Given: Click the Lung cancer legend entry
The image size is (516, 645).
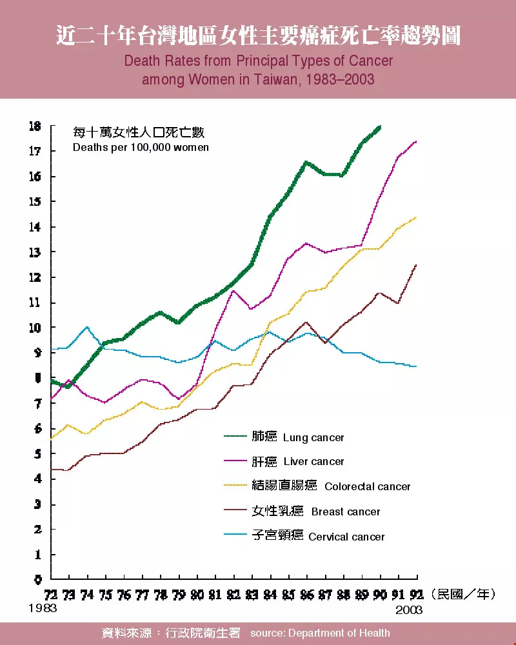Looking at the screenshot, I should [313, 437].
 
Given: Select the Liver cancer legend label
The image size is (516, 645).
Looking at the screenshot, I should [313, 462].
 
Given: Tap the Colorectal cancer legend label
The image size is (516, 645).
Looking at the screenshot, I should [367, 486].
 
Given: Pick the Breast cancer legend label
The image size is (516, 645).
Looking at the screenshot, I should [346, 511].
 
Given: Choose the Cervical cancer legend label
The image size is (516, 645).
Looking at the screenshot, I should [346, 537].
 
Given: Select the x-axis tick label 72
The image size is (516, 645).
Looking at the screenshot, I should [51, 594].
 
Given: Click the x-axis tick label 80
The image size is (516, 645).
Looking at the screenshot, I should [197, 594].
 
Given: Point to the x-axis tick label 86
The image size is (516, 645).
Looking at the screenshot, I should [307, 594].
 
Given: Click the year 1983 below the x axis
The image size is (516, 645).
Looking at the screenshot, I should [43, 608].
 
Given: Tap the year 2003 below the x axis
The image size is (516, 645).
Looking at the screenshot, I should [409, 610].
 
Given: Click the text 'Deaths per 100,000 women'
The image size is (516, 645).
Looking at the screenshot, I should [141, 147].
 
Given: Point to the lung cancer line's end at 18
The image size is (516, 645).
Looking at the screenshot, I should [381, 126].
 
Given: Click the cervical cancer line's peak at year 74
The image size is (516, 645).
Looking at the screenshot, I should [87, 327].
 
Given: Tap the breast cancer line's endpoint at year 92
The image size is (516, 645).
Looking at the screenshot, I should [417, 265].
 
